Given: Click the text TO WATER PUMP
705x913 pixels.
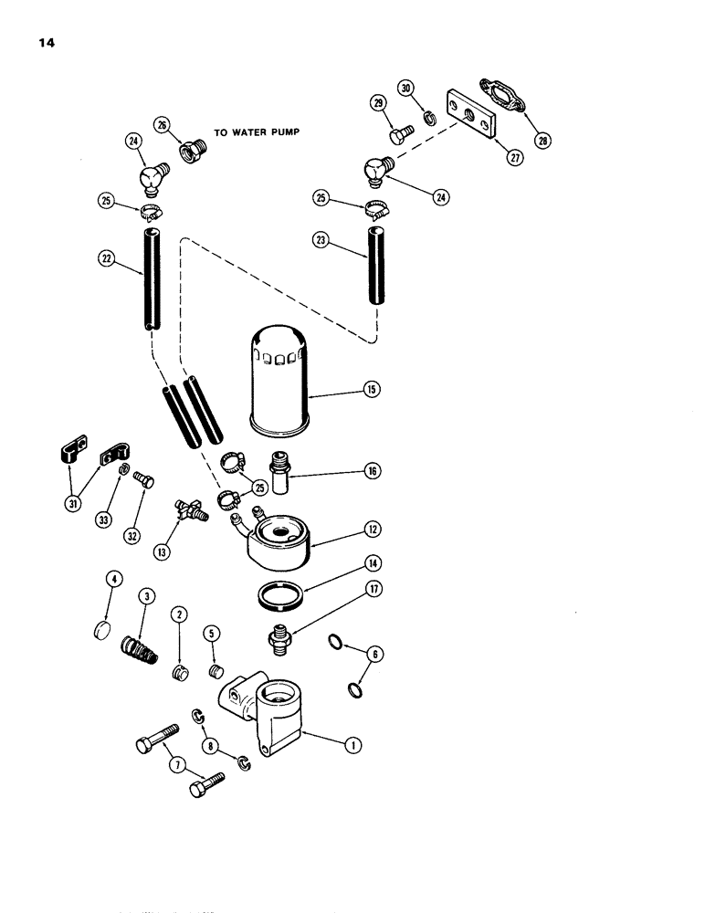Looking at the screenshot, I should (257, 131).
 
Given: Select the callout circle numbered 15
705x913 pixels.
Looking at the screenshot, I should (372, 389).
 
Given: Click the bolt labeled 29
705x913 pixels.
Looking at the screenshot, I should (398, 133).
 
